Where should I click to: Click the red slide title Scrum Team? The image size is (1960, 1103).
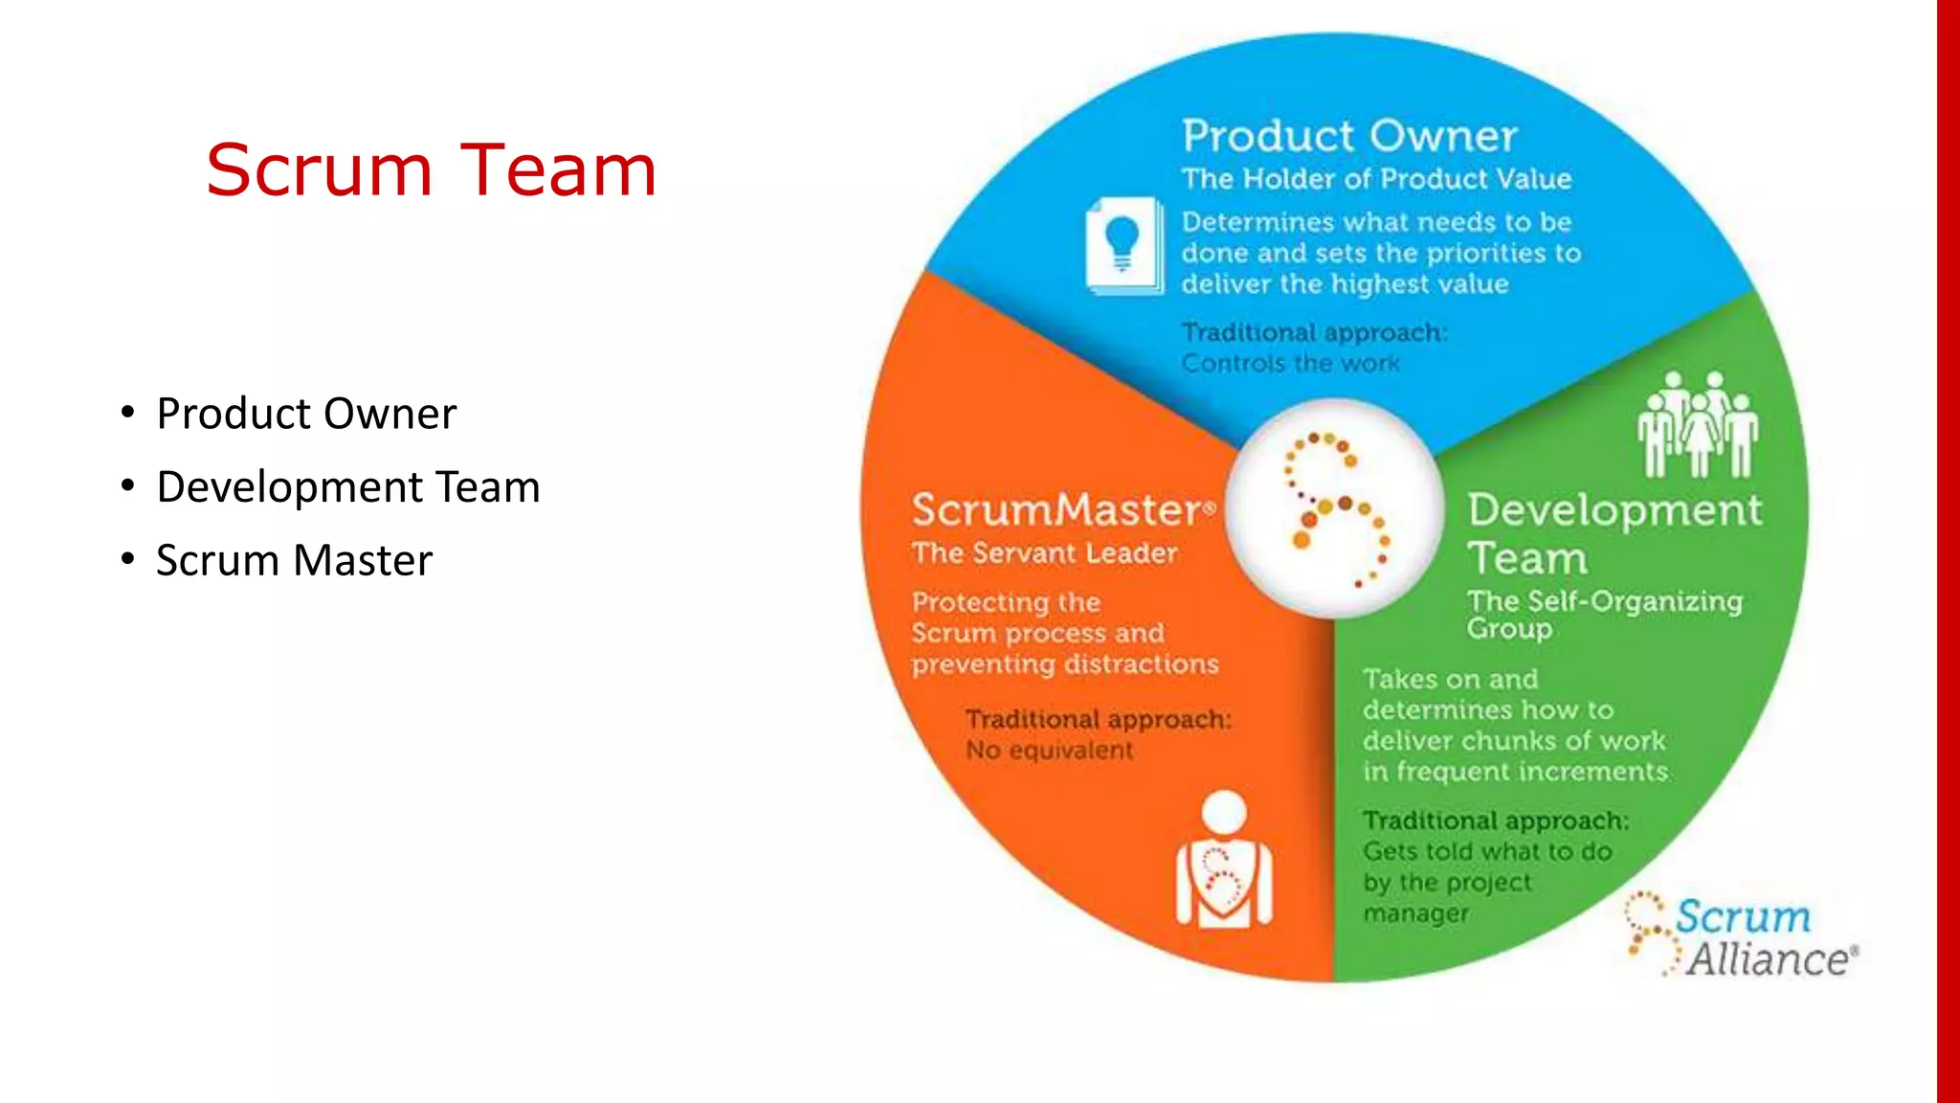(x=431, y=170)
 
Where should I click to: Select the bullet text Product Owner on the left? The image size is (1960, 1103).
(x=306, y=414)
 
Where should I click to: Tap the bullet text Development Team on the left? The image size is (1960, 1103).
(x=348, y=487)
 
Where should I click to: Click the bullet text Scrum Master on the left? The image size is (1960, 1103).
(x=294, y=560)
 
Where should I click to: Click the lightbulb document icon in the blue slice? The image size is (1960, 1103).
(x=1124, y=246)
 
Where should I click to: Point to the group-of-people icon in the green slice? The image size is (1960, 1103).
(x=1697, y=425)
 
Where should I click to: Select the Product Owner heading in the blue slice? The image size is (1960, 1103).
(x=1349, y=136)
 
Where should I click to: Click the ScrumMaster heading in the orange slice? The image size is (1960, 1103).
(x=1058, y=510)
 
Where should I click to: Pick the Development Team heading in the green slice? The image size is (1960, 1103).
(x=1614, y=532)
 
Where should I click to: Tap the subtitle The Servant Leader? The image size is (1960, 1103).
(x=1044, y=553)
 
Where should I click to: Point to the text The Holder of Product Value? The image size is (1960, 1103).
(x=1376, y=179)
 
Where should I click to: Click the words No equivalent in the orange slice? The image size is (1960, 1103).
(x=1049, y=750)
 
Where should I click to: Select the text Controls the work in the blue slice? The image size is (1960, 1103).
(x=1290, y=364)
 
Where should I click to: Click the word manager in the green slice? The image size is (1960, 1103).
(x=1415, y=913)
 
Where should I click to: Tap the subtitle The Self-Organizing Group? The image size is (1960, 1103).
(x=1604, y=614)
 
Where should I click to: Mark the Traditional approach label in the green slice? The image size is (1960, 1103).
(x=1495, y=821)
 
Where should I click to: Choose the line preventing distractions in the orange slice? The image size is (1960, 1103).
(x=1064, y=664)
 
